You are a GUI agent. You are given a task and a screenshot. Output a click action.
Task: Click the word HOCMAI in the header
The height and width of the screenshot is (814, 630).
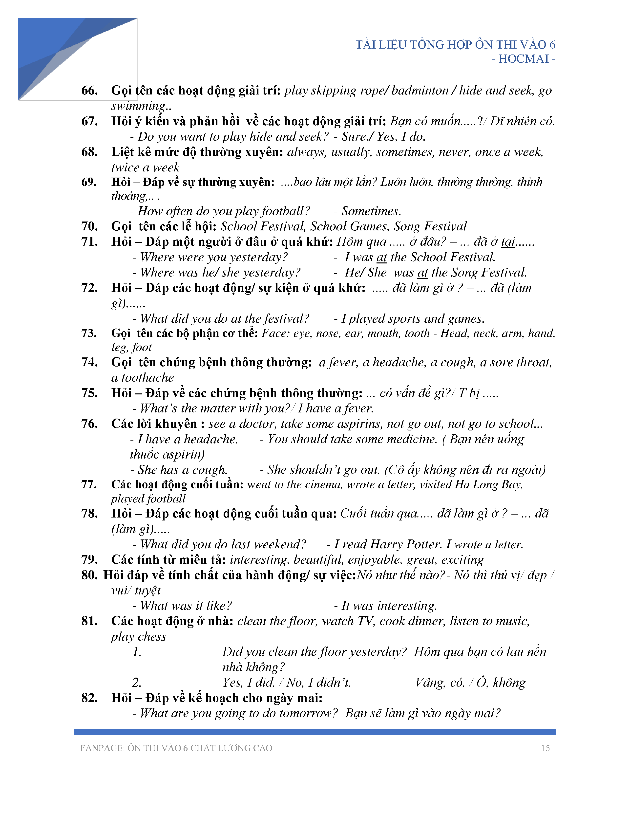pos(523,59)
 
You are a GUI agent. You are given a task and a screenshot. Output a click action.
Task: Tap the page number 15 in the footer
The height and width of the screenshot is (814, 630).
pos(545,748)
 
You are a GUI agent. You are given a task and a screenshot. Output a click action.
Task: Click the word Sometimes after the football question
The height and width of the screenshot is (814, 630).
pos(371,211)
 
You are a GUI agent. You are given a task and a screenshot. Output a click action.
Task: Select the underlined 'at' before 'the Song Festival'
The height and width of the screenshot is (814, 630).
pos(422,273)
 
